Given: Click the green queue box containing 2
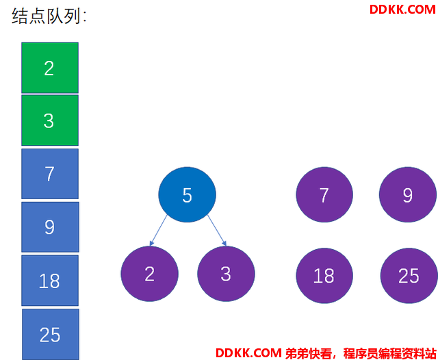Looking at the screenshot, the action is tap(50, 68).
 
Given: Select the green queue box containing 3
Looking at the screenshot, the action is tap(50, 120).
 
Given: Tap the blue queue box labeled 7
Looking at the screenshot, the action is tap(50, 174).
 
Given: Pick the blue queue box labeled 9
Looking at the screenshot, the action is tap(50, 227).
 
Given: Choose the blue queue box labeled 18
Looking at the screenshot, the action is tap(50, 281).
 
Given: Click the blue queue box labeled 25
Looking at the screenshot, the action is tap(51, 334).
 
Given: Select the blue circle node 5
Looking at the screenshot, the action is tap(187, 194).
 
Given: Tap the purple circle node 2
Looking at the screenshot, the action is tap(149, 274).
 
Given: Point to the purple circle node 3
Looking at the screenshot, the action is tap(226, 274).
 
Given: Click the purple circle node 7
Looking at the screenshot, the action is tap(324, 194).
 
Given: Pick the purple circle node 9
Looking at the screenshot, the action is tap(408, 194).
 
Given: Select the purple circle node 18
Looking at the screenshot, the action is tap(324, 276).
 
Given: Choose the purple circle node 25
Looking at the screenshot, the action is tap(409, 276).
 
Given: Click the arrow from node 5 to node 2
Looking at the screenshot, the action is tap(158, 231).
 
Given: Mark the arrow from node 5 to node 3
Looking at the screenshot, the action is tap(217, 231).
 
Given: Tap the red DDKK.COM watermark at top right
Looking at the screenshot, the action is tap(402, 10).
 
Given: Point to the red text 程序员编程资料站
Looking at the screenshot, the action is tap(389, 353).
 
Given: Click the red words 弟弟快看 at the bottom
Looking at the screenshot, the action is tap(309, 353).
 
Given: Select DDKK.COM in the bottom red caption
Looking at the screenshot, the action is tap(248, 353).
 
